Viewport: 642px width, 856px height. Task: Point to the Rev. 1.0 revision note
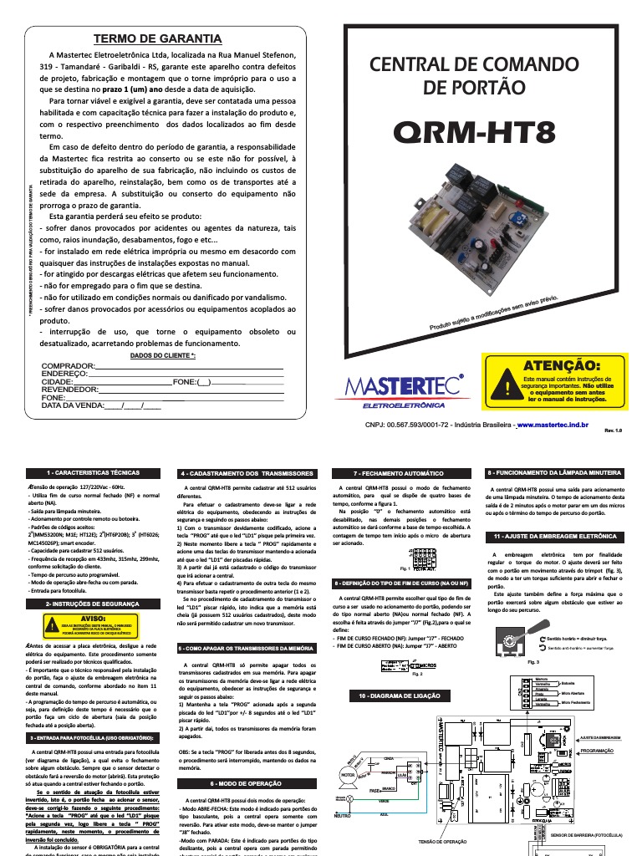614,431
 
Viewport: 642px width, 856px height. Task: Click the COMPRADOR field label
68,367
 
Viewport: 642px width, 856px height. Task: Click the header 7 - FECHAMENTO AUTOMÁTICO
399,473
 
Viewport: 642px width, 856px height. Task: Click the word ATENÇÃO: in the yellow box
561,365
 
